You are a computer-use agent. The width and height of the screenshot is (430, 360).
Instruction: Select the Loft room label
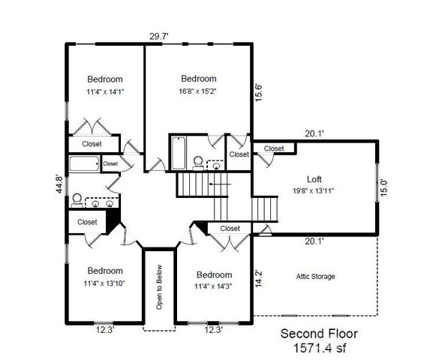[314, 179]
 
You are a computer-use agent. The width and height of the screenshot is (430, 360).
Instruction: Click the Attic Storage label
[315, 277]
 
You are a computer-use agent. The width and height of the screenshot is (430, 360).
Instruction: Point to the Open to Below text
[159, 287]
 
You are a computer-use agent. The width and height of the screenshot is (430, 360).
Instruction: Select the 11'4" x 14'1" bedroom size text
[104, 93]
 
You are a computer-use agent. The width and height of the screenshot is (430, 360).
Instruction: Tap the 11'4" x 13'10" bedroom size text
[104, 283]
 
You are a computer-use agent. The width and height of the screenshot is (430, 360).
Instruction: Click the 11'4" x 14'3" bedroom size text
[213, 286]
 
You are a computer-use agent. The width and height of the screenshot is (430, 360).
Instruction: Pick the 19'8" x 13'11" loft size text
[314, 191]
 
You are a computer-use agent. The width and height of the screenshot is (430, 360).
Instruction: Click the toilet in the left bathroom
[77, 199]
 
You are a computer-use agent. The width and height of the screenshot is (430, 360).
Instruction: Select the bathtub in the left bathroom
[83, 163]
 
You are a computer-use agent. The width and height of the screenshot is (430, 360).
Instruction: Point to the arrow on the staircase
[215, 183]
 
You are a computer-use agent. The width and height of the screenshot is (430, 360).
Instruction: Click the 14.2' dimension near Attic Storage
[260, 279]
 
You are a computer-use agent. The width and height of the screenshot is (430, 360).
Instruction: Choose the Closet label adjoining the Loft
[274, 148]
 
